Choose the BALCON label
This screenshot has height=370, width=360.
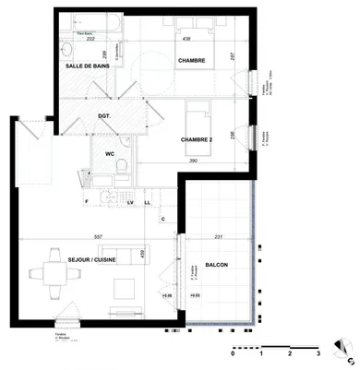pyautogui.click(x=218, y=265)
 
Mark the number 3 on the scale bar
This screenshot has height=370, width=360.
pyautogui.click(x=318, y=353)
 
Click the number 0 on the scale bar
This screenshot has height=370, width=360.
pyautogui.click(x=234, y=353)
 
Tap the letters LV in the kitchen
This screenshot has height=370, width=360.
pyautogui.click(x=131, y=201)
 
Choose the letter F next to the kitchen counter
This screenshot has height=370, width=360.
pyautogui.click(x=86, y=201)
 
